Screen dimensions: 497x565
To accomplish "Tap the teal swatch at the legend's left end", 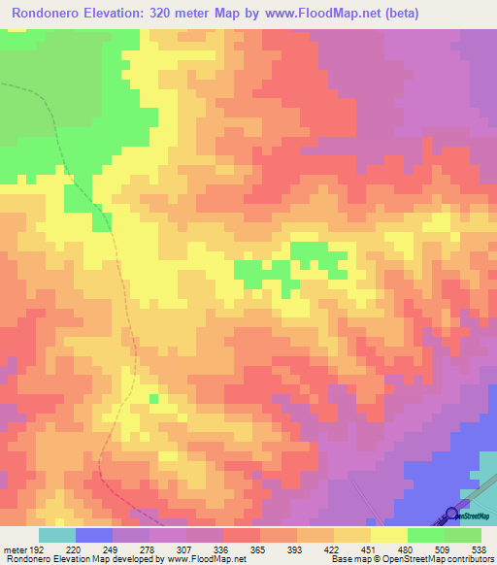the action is (x=56, y=535).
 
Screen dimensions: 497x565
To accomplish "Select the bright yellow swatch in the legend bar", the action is (x=388, y=535).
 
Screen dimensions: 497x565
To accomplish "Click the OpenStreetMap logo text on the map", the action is (x=475, y=516).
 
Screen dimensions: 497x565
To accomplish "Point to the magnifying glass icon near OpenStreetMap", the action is (x=451, y=515).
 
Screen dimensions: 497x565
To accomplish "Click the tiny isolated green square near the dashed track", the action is (x=153, y=398).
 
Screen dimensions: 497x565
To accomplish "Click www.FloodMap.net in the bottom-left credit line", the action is (x=205, y=559).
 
